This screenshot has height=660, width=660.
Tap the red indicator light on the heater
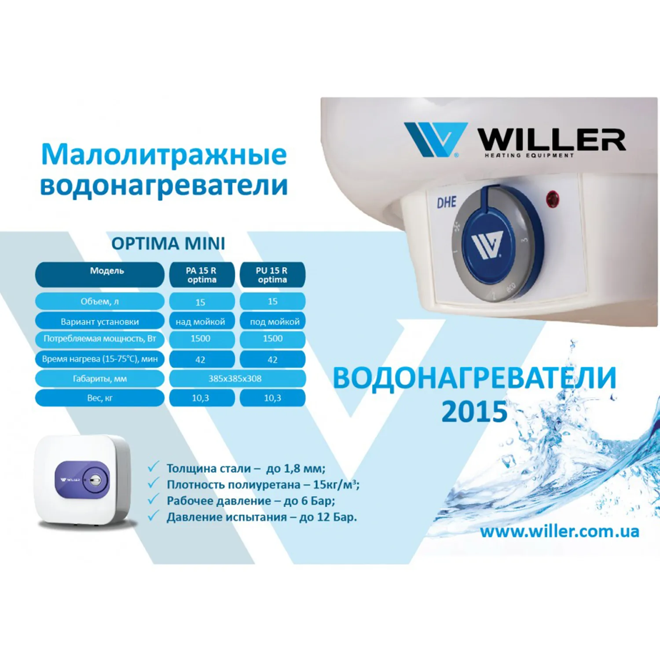[553, 199]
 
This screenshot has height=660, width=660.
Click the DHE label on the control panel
[447, 202]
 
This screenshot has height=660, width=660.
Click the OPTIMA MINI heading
[168, 243]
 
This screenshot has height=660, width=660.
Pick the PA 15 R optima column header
[202, 275]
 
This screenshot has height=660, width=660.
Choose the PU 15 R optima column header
[272, 275]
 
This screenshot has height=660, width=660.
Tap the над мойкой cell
[202, 321]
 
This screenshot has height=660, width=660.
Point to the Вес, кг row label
[100, 398]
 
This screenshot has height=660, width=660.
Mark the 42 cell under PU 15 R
[272, 359]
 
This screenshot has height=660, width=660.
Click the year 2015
[474, 412]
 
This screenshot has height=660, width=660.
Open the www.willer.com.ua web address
[560, 532]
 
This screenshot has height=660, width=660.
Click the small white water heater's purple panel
[82, 480]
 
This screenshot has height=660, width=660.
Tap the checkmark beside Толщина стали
[153, 467]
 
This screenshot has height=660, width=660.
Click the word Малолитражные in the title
[164, 155]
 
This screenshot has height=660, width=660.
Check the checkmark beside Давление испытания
[153, 515]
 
